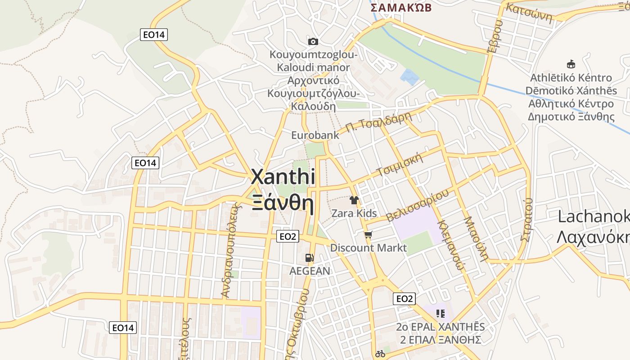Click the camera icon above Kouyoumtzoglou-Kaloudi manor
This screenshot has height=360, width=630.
click(313, 42)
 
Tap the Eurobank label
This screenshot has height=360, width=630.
click(315, 135)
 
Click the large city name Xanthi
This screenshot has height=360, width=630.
click(283, 177)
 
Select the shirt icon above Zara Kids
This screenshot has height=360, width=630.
click(354, 200)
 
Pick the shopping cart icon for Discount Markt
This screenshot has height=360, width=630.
click(369, 234)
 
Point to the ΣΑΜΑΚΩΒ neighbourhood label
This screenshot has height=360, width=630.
click(401, 7)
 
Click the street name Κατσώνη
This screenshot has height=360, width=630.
click(529, 12)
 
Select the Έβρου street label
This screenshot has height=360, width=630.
click(494, 37)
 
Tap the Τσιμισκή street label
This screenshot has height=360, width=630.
click(401, 165)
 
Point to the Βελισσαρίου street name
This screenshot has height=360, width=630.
click(418, 205)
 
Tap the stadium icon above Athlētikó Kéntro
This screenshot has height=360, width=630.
click(571, 64)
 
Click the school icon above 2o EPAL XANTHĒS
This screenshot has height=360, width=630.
click(440, 313)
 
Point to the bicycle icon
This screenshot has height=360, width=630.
click(380, 354)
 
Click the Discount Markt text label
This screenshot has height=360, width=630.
click(368, 248)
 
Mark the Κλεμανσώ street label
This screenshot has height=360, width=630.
click(450, 243)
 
